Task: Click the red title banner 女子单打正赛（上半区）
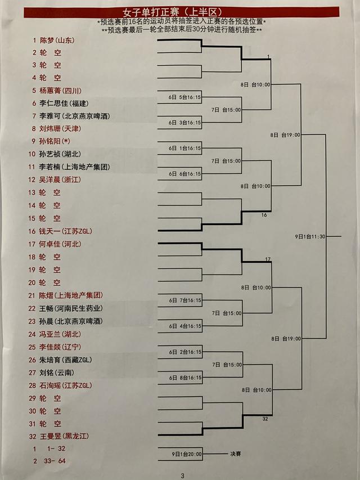tap(182, 12)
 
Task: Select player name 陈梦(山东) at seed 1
tap(57, 40)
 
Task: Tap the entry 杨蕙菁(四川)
tap(61, 91)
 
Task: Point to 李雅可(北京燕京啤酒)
tap(75, 116)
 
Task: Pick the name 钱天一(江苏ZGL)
tap(66, 231)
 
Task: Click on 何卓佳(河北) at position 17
tap(61, 244)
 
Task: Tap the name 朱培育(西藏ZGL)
tap(66, 360)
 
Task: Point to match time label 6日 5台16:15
tap(186, 97)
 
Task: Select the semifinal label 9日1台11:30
tap(310, 236)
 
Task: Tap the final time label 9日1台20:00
tap(187, 454)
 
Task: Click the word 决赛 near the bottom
tap(236, 454)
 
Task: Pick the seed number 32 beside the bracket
tap(265, 419)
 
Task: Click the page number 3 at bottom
tap(183, 475)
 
